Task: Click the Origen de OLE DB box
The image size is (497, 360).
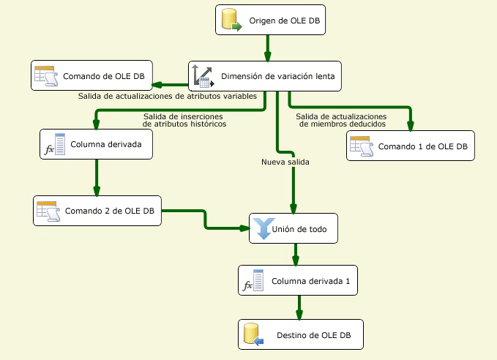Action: pos(270,20)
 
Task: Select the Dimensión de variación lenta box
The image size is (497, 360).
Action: pos(265,75)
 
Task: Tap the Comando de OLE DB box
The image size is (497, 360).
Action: pos(92,75)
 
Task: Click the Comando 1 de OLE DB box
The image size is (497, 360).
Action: pos(410,146)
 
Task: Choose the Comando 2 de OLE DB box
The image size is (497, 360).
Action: pos(97,211)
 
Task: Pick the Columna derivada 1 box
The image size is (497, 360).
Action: pos(298,281)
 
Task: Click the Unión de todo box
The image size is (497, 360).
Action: pos(296,228)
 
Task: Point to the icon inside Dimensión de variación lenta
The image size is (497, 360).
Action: pos(202,75)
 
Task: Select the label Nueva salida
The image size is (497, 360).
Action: pos(285,162)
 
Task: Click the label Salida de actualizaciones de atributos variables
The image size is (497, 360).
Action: pos(167,96)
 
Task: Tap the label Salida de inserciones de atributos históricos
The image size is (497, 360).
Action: pos(184,120)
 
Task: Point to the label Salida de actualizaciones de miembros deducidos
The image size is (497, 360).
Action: pos(340,120)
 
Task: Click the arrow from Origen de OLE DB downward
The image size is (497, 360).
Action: pos(268,48)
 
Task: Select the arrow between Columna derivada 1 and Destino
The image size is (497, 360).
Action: pos(299,307)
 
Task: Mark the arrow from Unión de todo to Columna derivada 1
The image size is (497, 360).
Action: pos(296,254)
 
